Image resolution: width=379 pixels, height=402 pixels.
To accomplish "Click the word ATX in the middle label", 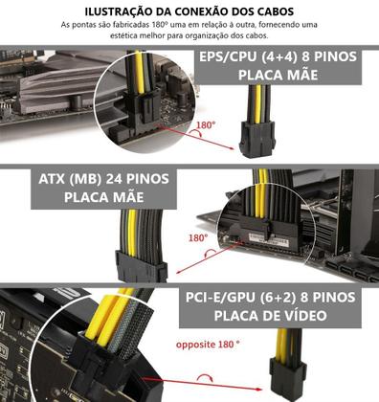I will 58,179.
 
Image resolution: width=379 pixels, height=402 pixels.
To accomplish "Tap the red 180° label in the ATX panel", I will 197,237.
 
